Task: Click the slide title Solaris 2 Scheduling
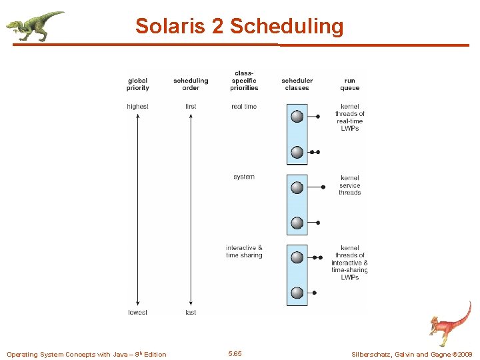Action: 239,26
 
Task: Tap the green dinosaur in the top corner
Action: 34,25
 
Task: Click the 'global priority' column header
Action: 137,84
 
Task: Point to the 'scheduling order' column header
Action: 191,84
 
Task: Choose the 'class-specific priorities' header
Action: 244,81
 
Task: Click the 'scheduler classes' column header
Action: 297,84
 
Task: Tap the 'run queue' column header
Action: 349,84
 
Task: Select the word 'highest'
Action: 137,107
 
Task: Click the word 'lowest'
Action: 137,313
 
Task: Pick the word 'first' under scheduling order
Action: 191,107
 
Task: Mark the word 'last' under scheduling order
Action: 191,313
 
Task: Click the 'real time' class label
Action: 244,107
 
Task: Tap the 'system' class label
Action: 244,177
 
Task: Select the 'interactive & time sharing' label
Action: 244,251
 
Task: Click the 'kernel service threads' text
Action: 349,185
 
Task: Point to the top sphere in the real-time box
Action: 297,117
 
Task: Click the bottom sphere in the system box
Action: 297,223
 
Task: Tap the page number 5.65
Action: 235,353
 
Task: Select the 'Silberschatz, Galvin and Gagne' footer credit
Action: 411,354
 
